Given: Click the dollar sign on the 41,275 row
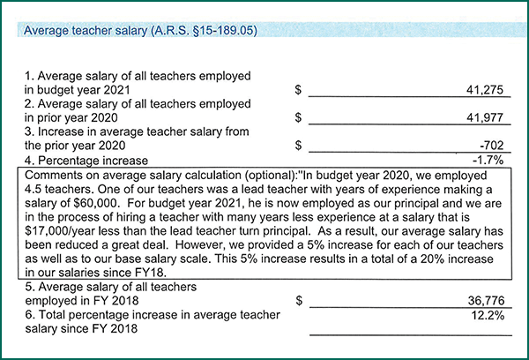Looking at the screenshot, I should point(299,90).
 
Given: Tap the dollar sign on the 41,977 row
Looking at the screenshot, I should point(299,116).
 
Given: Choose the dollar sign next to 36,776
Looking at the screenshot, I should point(299,301).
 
